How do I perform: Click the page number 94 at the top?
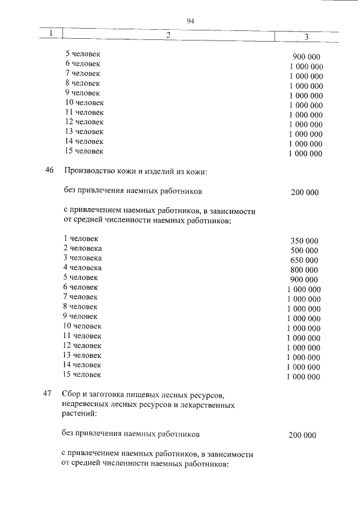190,22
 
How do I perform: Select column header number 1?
51,34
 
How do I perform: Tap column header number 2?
167,35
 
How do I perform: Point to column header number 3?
307,37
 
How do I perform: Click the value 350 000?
304,240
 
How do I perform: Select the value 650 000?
304,260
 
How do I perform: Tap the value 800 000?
304,270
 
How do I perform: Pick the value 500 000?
304,250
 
